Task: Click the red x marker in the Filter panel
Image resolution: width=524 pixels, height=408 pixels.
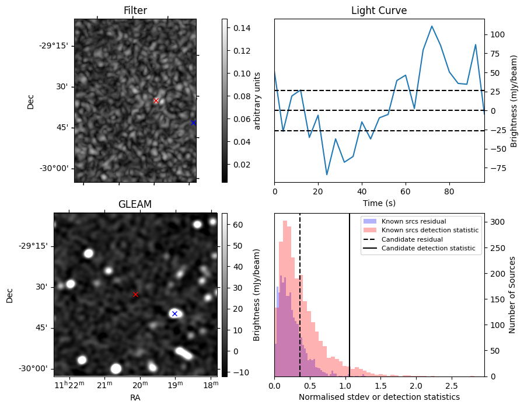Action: (156, 100)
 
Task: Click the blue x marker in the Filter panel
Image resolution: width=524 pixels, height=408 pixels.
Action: (193, 123)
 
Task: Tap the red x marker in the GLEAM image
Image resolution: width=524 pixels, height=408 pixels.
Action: (135, 295)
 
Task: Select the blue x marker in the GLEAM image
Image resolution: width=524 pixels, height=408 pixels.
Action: (174, 314)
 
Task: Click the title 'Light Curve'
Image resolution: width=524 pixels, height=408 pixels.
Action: (379, 11)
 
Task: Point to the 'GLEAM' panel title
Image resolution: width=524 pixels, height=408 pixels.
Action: (135, 204)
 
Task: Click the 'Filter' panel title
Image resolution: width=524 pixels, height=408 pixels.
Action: (135, 11)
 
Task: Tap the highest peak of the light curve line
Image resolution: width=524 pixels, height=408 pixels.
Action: (432, 26)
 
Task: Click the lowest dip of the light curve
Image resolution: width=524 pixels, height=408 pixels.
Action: (327, 175)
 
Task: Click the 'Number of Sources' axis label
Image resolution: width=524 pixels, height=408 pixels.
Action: (512, 295)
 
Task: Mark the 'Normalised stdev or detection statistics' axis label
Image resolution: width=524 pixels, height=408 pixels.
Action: (379, 397)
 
